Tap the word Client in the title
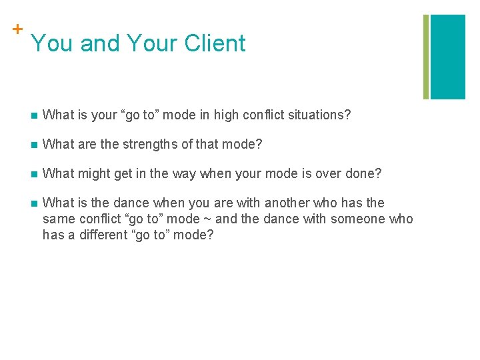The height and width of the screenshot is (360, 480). [x=215, y=43]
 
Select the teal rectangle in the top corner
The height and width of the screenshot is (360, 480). [x=448, y=57]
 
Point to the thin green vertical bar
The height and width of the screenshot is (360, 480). [x=427, y=57]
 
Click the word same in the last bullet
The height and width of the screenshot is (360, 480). [x=58, y=219]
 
